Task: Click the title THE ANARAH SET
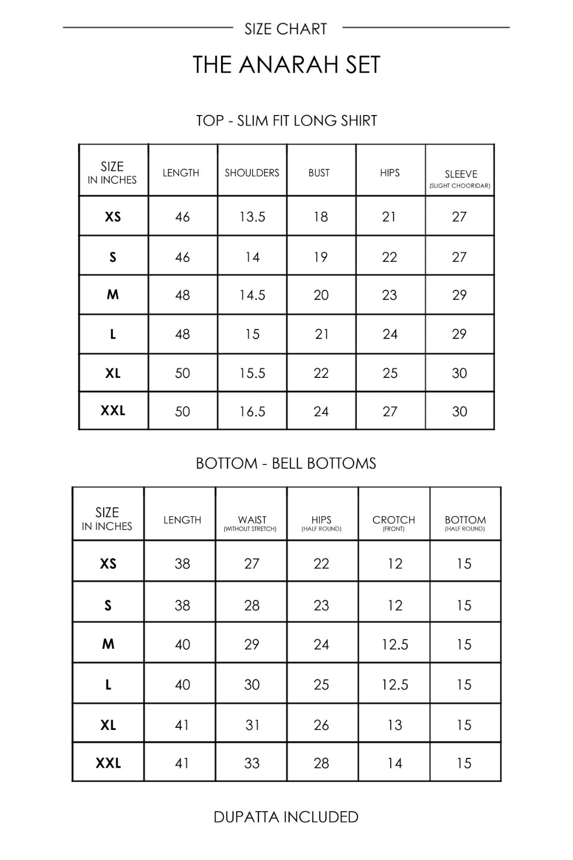[286, 65]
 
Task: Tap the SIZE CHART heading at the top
[286, 29]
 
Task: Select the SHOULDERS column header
[252, 173]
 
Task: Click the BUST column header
[319, 173]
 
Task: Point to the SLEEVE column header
[461, 175]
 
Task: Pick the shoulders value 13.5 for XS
[252, 217]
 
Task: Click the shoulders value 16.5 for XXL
[252, 412]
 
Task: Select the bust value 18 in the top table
[321, 217]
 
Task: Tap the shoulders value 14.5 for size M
[252, 295]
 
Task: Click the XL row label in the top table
[113, 373]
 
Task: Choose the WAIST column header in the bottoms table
[252, 520]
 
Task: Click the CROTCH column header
[393, 520]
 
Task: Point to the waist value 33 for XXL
[252, 763]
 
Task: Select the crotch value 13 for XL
[395, 725]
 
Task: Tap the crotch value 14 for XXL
[395, 763]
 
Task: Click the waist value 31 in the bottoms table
[252, 725]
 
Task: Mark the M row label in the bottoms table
[108, 644]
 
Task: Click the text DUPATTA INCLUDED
[286, 817]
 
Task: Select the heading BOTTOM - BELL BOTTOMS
[286, 463]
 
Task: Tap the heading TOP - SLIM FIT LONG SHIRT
[286, 120]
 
